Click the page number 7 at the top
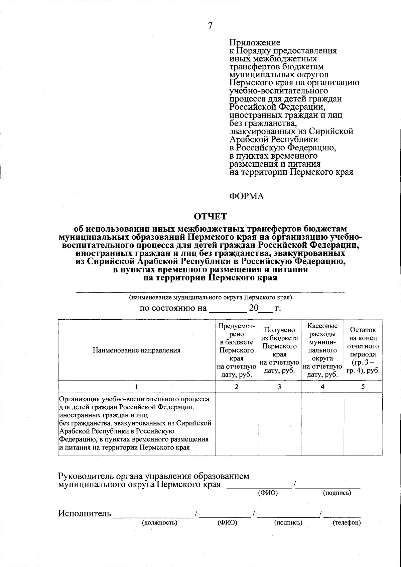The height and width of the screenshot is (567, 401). pyautogui.click(x=210, y=26)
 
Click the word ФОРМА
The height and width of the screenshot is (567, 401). pyautogui.click(x=246, y=196)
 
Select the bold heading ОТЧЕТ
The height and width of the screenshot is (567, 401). pyautogui.click(x=211, y=217)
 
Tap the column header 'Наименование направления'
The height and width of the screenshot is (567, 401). pyautogui.click(x=136, y=350)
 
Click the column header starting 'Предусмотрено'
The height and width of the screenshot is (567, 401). pyautogui.click(x=237, y=350)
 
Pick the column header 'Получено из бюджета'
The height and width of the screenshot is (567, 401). pyautogui.click(x=279, y=350)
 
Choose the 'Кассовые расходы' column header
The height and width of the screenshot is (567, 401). pyautogui.click(x=322, y=350)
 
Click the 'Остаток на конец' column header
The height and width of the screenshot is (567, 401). pyautogui.click(x=363, y=350)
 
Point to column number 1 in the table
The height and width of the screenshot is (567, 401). pyautogui.click(x=136, y=387)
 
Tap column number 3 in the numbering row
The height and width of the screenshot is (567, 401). pyautogui.click(x=279, y=387)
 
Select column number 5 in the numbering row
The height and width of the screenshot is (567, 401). pyautogui.click(x=363, y=387)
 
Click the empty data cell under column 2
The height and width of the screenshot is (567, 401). pyautogui.click(x=237, y=424)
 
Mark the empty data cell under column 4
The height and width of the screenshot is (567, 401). pyautogui.click(x=322, y=424)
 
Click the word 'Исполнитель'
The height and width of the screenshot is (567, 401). pyautogui.click(x=85, y=513)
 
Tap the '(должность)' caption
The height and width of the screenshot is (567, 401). pyautogui.click(x=159, y=523)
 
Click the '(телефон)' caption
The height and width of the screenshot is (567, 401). pyautogui.click(x=347, y=523)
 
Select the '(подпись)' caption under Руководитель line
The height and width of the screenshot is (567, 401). pyautogui.click(x=337, y=493)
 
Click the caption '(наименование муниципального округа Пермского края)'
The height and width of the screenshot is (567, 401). pyautogui.click(x=211, y=297)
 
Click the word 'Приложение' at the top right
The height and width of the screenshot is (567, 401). pyautogui.click(x=255, y=43)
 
